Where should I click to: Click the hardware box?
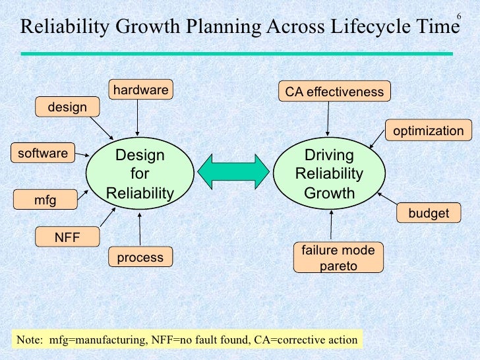click(x=140, y=90)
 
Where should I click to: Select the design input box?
click(x=67, y=107)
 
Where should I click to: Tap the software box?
click(x=43, y=154)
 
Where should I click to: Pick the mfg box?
click(x=45, y=198)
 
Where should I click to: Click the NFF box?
click(x=67, y=235)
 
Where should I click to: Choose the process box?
click(x=140, y=257)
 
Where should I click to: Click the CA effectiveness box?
click(x=334, y=92)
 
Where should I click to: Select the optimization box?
click(x=429, y=131)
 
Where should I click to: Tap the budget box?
click(x=429, y=213)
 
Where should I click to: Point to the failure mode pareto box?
click(x=338, y=258)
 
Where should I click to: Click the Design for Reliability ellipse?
click(x=140, y=174)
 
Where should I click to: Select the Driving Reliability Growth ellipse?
click(x=328, y=174)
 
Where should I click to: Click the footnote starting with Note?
click(x=187, y=340)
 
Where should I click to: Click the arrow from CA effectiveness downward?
click(x=328, y=119)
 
